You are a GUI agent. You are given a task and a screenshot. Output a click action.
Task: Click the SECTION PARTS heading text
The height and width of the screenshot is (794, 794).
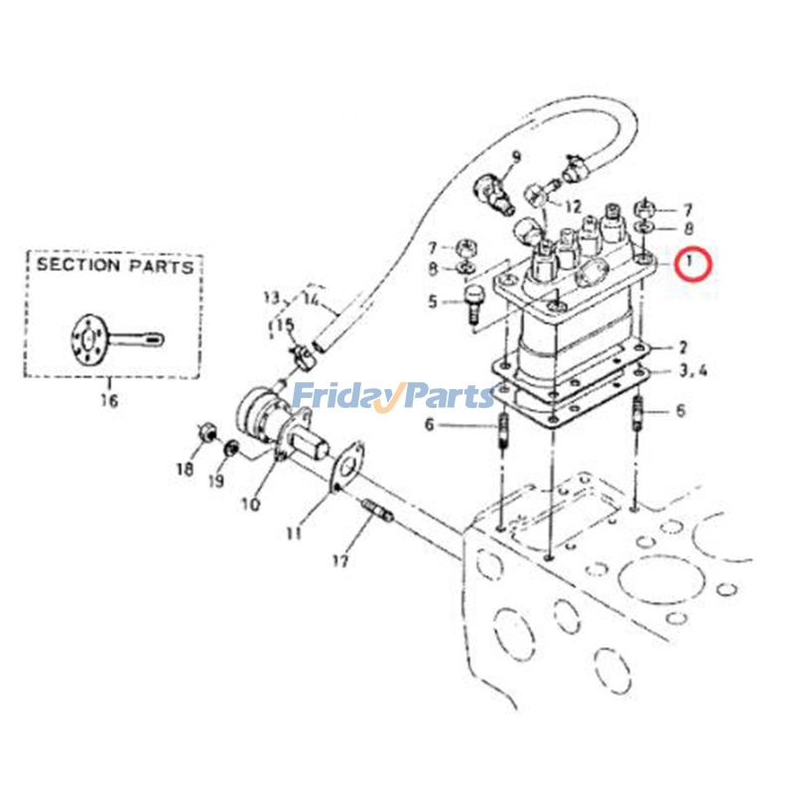click(x=115, y=266)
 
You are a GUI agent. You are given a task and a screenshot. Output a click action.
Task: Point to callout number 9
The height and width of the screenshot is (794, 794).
click(x=516, y=158)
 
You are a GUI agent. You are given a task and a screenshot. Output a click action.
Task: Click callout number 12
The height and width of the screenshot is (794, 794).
click(x=573, y=206)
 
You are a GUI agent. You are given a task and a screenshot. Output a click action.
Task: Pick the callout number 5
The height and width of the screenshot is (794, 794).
click(x=432, y=301)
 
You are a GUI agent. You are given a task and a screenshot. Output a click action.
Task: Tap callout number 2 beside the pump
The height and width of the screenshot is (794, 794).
click(x=682, y=347)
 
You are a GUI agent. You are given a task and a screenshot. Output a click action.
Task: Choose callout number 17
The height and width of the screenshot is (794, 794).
click(x=340, y=561)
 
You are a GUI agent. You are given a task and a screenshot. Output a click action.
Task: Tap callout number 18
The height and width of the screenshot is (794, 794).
click(x=185, y=469)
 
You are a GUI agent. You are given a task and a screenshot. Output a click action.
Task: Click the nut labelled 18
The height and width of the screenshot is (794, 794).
click(x=206, y=433)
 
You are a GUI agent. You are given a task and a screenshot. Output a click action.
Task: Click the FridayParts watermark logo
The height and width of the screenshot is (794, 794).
click(x=392, y=396)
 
